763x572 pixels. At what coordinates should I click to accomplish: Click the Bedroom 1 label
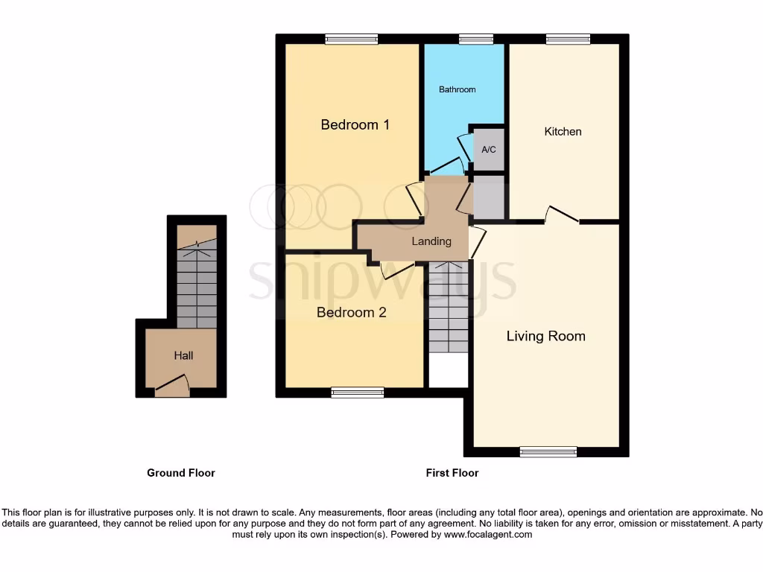pyautogui.click(x=355, y=124)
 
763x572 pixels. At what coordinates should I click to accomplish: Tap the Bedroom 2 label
pyautogui.click(x=351, y=312)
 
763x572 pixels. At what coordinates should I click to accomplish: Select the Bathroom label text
pyautogui.click(x=457, y=89)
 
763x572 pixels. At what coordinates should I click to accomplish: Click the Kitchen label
pyautogui.click(x=563, y=131)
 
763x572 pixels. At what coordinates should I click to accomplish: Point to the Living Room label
pyautogui.click(x=545, y=336)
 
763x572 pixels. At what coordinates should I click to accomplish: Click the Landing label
pyautogui.click(x=431, y=241)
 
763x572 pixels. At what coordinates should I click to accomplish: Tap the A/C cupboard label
pyautogui.click(x=488, y=150)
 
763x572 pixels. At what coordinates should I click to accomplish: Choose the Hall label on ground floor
pyautogui.click(x=183, y=355)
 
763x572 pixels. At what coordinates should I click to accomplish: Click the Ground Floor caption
pyautogui.click(x=180, y=472)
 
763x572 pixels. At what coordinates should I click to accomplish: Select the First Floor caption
pyautogui.click(x=452, y=472)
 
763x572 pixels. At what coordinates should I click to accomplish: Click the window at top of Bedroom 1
pyautogui.click(x=350, y=39)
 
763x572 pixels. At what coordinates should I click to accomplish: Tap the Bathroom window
pyautogui.click(x=475, y=39)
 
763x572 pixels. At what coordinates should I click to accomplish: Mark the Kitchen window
pyautogui.click(x=567, y=39)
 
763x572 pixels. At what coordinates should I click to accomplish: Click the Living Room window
pyautogui.click(x=548, y=451)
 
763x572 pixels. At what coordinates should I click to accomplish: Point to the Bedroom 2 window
pyautogui.click(x=357, y=393)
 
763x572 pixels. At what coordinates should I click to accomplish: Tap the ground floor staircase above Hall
pyautogui.click(x=196, y=286)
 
